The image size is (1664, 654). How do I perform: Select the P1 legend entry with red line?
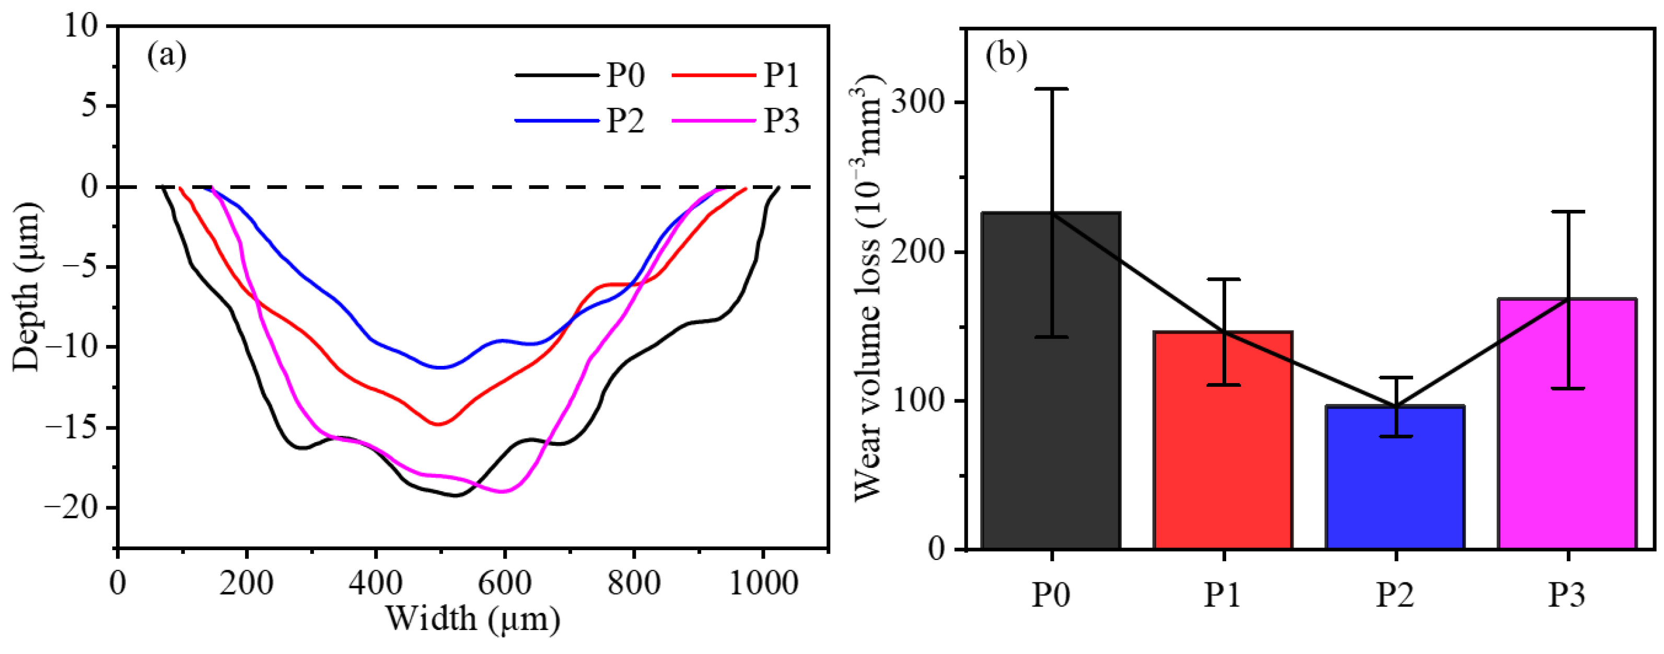click(x=737, y=76)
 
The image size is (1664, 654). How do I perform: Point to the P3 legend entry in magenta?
click(x=737, y=121)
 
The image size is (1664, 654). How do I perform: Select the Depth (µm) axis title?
click(x=27, y=287)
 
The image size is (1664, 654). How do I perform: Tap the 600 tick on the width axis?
click(x=505, y=583)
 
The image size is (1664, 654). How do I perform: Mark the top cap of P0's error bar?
click(x=1052, y=89)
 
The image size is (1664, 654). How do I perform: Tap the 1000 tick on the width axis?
click(x=763, y=583)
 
